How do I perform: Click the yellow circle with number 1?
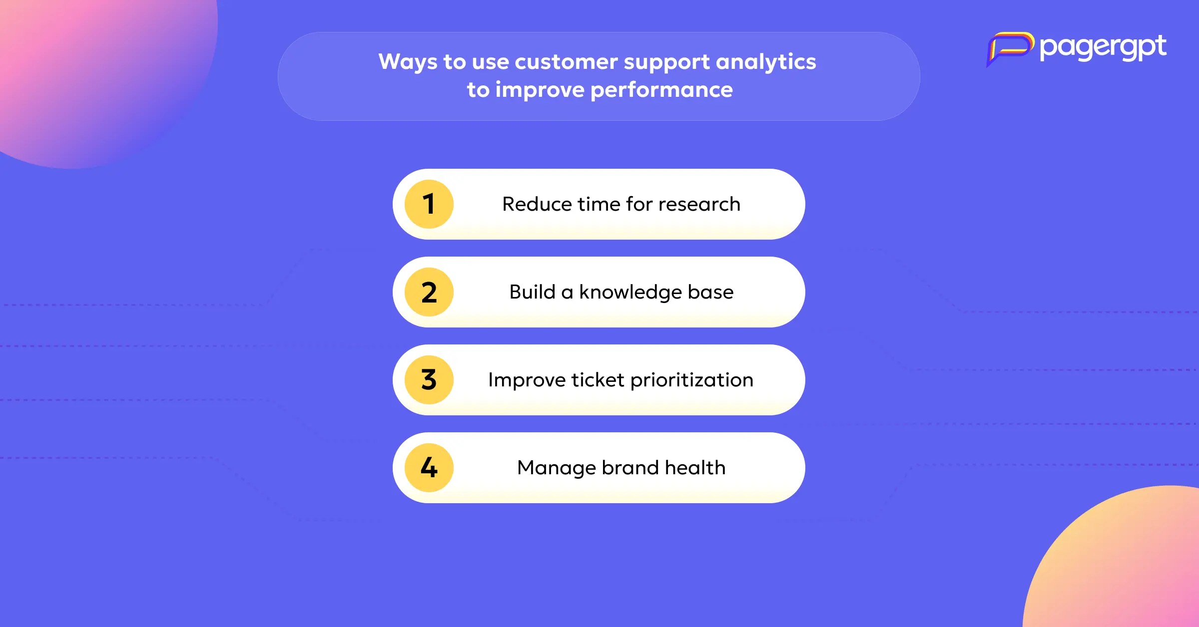[429, 204]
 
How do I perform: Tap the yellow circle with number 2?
[429, 292]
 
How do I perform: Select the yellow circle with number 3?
[429, 380]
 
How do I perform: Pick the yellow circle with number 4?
[429, 468]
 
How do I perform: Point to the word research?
[699, 205]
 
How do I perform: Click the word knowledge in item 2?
[630, 293]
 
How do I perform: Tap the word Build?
[533, 292]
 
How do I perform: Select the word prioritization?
[692, 380]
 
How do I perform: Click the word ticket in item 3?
[598, 380]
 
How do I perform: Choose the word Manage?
[557, 468]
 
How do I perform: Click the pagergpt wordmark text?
[1103, 48]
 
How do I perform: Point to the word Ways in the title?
[408, 62]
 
